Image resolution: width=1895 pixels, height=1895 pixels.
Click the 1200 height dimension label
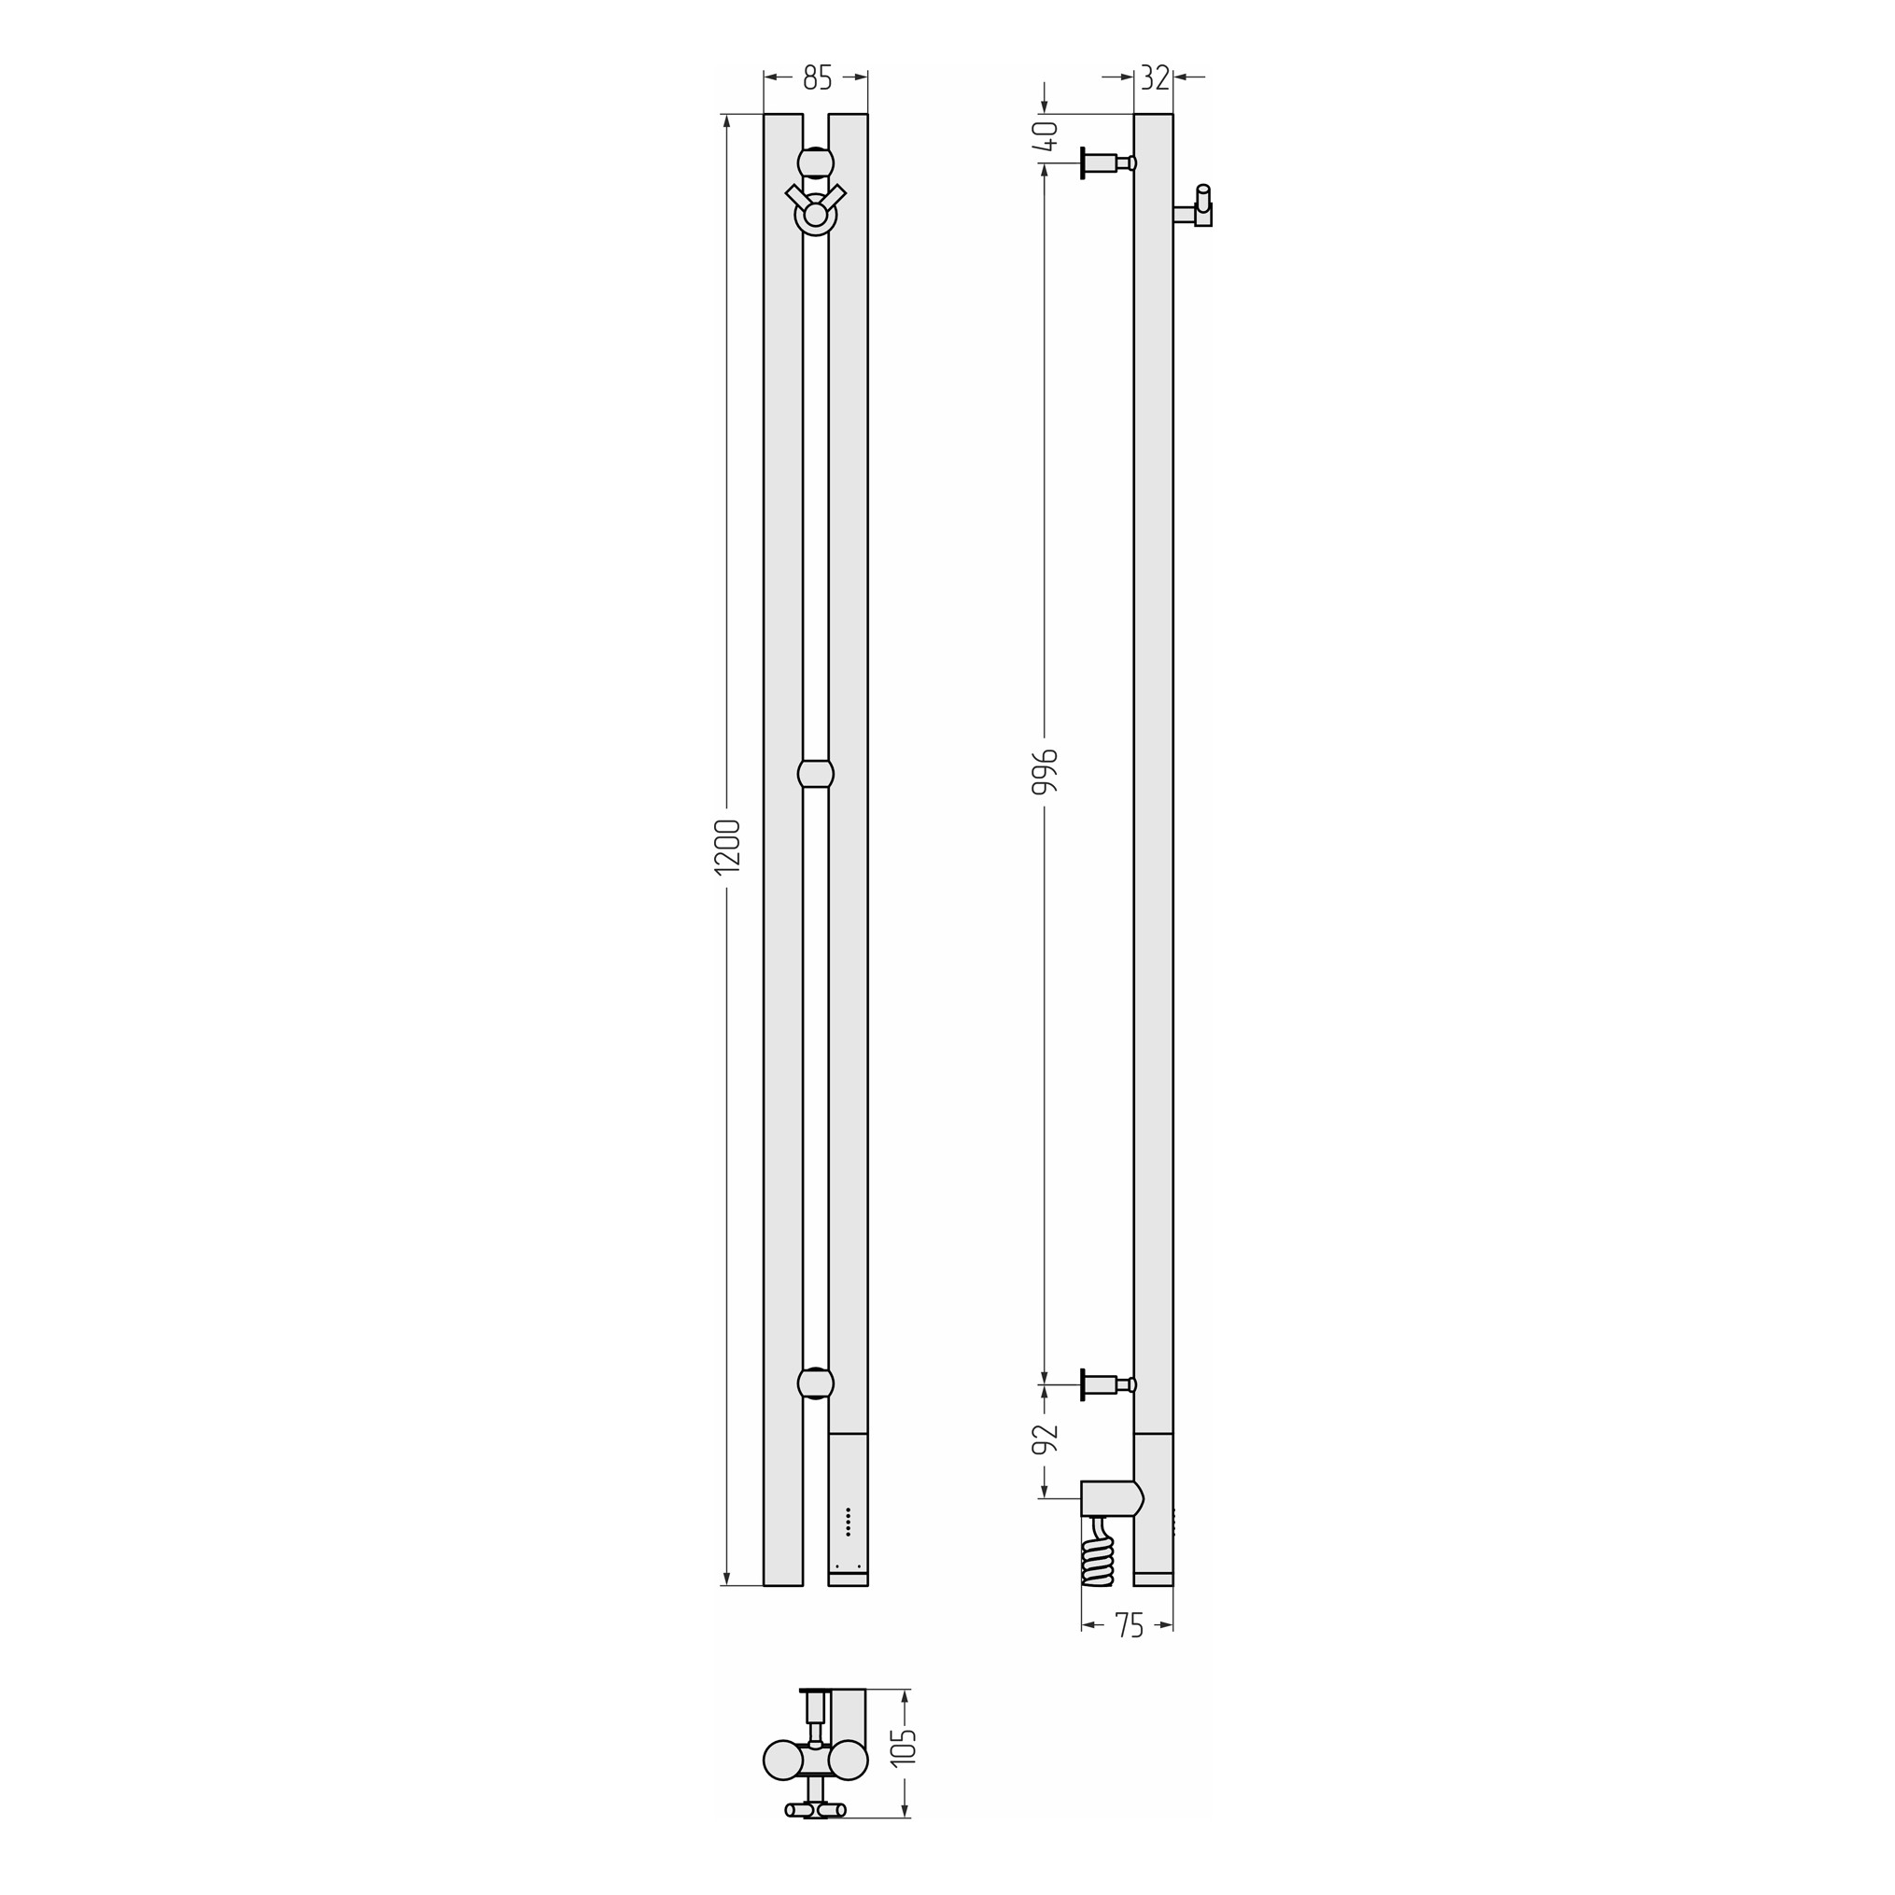tap(727, 846)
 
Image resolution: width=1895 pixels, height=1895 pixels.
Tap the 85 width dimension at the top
tap(817, 77)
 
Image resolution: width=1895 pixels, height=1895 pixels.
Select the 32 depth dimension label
tap(1156, 77)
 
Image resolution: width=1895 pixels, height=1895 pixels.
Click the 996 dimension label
tap(1046, 772)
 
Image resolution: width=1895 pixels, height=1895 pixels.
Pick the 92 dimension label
tap(1046, 1438)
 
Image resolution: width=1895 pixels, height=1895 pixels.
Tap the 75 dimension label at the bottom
tap(1129, 1626)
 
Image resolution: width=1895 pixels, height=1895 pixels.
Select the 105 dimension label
tap(904, 1747)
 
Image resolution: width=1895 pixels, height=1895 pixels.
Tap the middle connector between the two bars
tap(816, 773)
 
